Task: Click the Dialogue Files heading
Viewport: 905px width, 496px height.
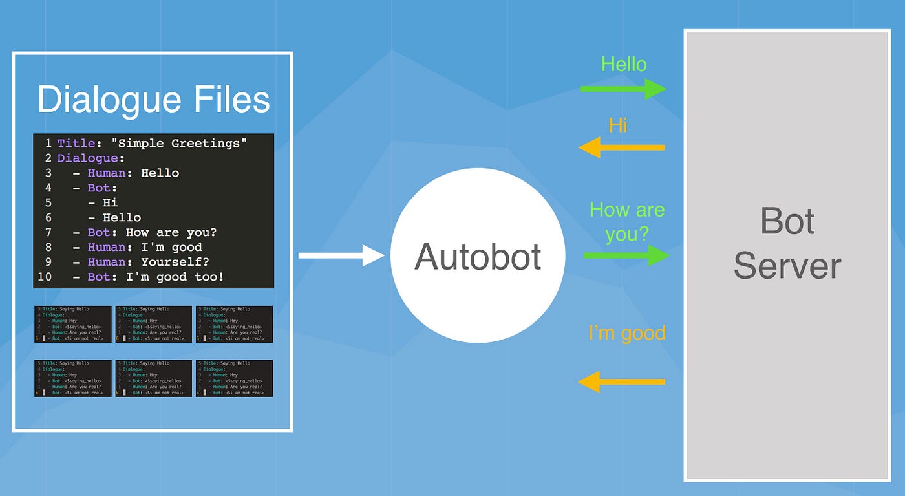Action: tap(153, 100)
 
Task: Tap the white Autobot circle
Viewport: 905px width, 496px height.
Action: tap(478, 255)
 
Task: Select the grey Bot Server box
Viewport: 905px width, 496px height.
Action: tap(787, 255)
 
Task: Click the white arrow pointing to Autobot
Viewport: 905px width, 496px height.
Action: tap(341, 255)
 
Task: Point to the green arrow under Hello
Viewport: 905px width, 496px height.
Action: tap(623, 89)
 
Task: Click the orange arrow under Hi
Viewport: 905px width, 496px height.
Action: tap(621, 147)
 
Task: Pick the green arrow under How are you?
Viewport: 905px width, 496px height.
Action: tap(626, 255)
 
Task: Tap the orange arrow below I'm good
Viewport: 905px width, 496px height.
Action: tap(621, 382)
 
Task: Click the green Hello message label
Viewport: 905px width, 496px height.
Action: tap(624, 64)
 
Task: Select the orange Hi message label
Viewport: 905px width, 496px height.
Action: tap(618, 125)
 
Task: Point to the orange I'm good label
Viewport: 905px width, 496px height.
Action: tap(626, 333)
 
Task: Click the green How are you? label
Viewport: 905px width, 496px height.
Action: tap(626, 221)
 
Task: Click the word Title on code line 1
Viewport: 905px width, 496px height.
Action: tap(76, 144)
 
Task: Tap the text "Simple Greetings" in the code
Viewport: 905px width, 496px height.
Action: tap(183, 144)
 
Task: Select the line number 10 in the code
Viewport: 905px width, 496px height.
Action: tap(45, 277)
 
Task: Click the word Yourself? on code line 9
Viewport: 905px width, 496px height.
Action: tap(175, 263)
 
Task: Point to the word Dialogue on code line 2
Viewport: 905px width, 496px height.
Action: tap(87, 158)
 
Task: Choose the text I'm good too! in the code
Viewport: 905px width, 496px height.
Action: tap(183, 277)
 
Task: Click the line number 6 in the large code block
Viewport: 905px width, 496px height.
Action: tap(48, 218)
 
